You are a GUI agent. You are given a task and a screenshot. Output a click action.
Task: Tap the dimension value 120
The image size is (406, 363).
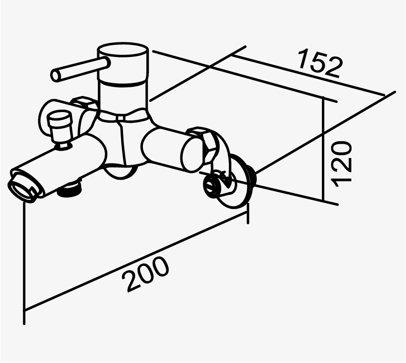[342, 163]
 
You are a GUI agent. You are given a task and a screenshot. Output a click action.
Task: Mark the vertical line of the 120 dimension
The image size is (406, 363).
[323, 151]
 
